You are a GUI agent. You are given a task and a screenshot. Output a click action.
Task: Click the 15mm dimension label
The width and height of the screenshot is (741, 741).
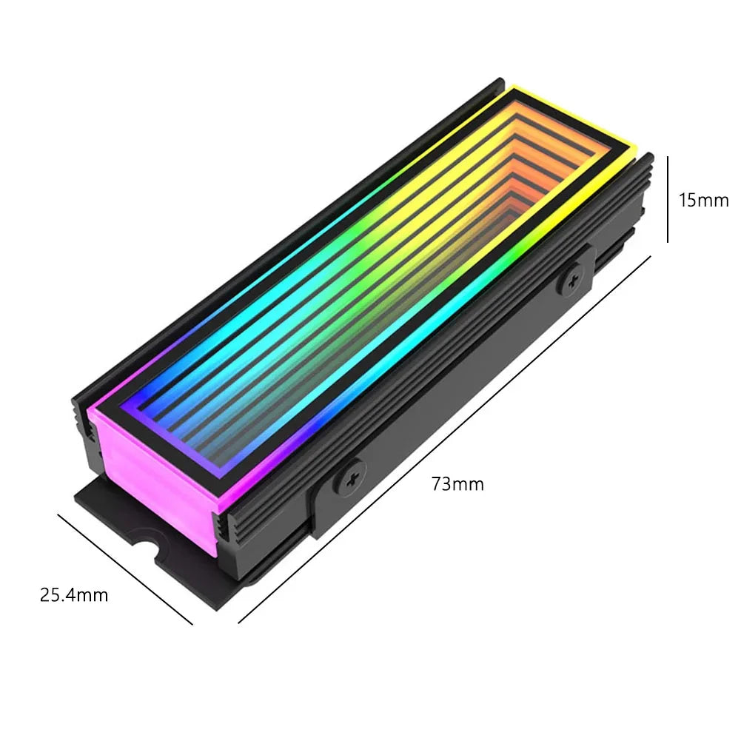pyautogui.click(x=703, y=200)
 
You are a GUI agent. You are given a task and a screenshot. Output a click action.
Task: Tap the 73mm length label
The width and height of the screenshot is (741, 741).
pyautogui.click(x=457, y=484)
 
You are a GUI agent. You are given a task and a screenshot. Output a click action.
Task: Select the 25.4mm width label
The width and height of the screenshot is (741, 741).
pyautogui.click(x=74, y=594)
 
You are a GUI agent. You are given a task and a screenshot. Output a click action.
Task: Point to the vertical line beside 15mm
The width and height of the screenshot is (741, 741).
pyautogui.click(x=668, y=198)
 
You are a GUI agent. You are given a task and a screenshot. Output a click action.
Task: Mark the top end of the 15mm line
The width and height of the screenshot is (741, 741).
pyautogui.click(x=668, y=157)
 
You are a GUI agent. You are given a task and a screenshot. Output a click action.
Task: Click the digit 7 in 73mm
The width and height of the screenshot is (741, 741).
pyautogui.click(x=437, y=484)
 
